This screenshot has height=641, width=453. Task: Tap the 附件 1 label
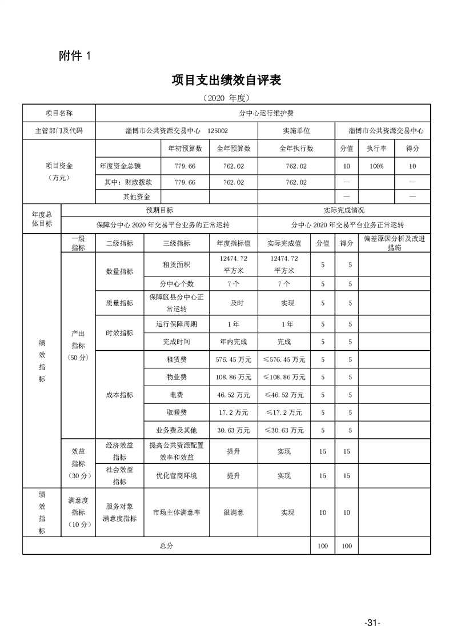click(x=75, y=55)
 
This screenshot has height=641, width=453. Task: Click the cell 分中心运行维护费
click(x=263, y=114)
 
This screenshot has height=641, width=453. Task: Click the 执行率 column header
click(x=376, y=149)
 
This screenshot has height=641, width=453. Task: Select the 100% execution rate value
click(x=376, y=166)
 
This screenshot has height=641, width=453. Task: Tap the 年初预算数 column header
click(x=185, y=149)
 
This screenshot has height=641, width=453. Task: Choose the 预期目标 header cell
click(x=159, y=210)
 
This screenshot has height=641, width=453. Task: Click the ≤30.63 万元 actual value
click(x=283, y=430)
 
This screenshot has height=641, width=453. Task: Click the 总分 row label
click(x=166, y=546)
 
